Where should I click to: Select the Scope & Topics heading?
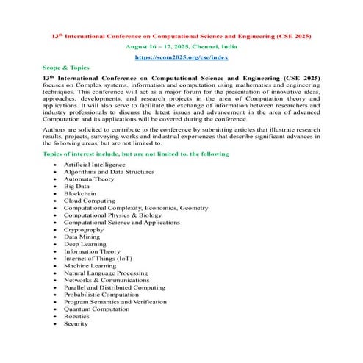pos(66,66)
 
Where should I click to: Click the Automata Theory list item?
pos(89,179)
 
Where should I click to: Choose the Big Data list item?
pos(76,186)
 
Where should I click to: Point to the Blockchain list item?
pos(81,193)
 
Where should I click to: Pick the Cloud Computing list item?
pos(90,201)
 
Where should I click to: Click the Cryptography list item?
pos(84,229)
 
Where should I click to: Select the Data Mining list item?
pos(81,237)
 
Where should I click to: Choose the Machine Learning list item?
pos(92,265)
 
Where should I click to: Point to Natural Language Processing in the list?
pos(106,273)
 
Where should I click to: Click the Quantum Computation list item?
pos(98,309)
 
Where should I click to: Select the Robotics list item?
pos(76,316)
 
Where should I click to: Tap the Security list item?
pos(76,323)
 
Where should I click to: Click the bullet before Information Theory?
pos(55,251)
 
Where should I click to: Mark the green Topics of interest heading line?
pos(136,154)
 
